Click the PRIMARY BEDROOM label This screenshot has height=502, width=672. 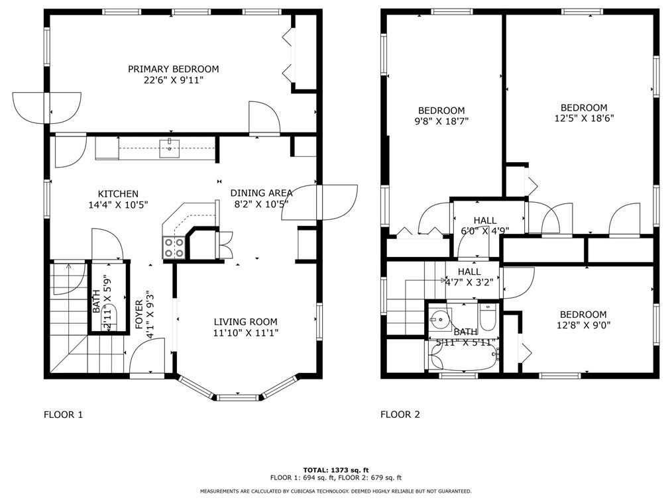[x=174, y=69]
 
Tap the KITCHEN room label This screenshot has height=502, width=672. [x=118, y=194]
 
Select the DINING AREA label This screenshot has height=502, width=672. [x=261, y=193]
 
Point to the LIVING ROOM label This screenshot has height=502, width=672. [x=246, y=322]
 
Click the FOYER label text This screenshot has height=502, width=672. [x=139, y=315]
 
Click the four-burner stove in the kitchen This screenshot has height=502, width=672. [x=174, y=248]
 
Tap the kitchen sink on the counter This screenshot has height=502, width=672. [x=170, y=148]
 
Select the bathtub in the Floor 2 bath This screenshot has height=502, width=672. [x=464, y=356]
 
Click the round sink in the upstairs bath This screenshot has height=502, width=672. [x=439, y=319]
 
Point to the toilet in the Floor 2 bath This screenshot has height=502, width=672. [x=487, y=317]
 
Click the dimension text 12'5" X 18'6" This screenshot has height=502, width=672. [x=584, y=119]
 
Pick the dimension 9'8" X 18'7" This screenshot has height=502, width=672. [x=441, y=121]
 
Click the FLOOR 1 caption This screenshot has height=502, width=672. [x=64, y=415]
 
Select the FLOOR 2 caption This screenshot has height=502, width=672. [x=400, y=415]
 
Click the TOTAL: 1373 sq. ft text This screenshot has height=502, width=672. [x=336, y=470]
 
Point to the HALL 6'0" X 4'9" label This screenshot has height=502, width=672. [x=485, y=225]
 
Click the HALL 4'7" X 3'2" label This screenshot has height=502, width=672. [x=469, y=277]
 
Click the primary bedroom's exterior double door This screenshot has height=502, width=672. [x=46, y=108]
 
